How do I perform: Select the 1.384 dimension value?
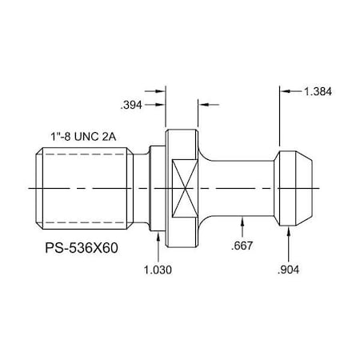point(318,92)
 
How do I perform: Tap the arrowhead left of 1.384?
point(284,92)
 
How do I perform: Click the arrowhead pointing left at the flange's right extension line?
point(202,104)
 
